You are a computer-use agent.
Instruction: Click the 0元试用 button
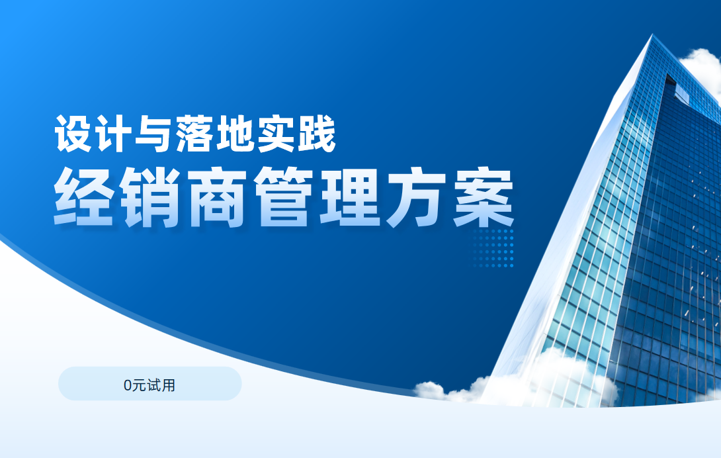pos(149,384)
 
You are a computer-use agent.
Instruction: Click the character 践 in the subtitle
pos(317,134)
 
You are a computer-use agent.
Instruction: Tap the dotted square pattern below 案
pos(493,248)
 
